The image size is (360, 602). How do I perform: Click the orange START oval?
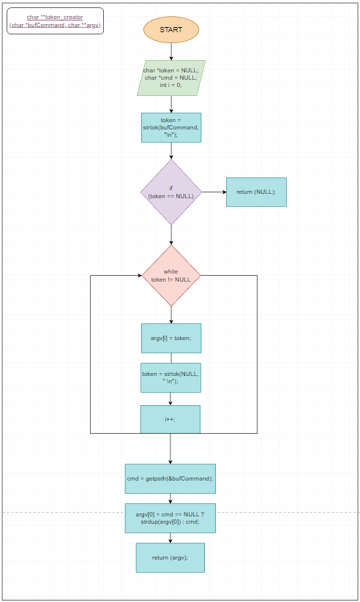tap(170, 30)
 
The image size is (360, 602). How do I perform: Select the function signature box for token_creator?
tap(55, 21)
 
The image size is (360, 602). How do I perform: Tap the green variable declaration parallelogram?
tap(170, 78)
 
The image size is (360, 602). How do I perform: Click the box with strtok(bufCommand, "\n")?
tap(170, 127)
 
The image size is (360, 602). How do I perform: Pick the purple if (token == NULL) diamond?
tap(170, 192)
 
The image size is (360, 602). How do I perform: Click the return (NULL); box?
tap(255, 192)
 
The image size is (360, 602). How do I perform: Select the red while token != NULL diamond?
tap(170, 276)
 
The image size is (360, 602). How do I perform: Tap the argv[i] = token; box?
tap(170, 338)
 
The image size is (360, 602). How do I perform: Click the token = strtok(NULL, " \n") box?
tap(170, 377)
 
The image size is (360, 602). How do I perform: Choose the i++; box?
tap(170, 419)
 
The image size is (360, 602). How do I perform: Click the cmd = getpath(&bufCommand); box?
tap(170, 478)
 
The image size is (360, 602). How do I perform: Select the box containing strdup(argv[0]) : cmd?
tap(170, 518)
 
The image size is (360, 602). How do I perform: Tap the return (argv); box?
tap(170, 557)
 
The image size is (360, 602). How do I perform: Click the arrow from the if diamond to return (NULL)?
tap(214, 192)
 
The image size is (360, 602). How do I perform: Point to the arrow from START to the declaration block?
tap(170, 51)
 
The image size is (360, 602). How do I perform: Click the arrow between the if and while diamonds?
tap(170, 235)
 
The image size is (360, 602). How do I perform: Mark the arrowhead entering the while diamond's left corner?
tap(138, 276)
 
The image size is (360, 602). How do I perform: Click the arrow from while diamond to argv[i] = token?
tap(170, 315)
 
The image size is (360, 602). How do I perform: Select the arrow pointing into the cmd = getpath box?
tap(170, 455)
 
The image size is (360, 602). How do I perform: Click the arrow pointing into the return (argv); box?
tap(170, 538)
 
